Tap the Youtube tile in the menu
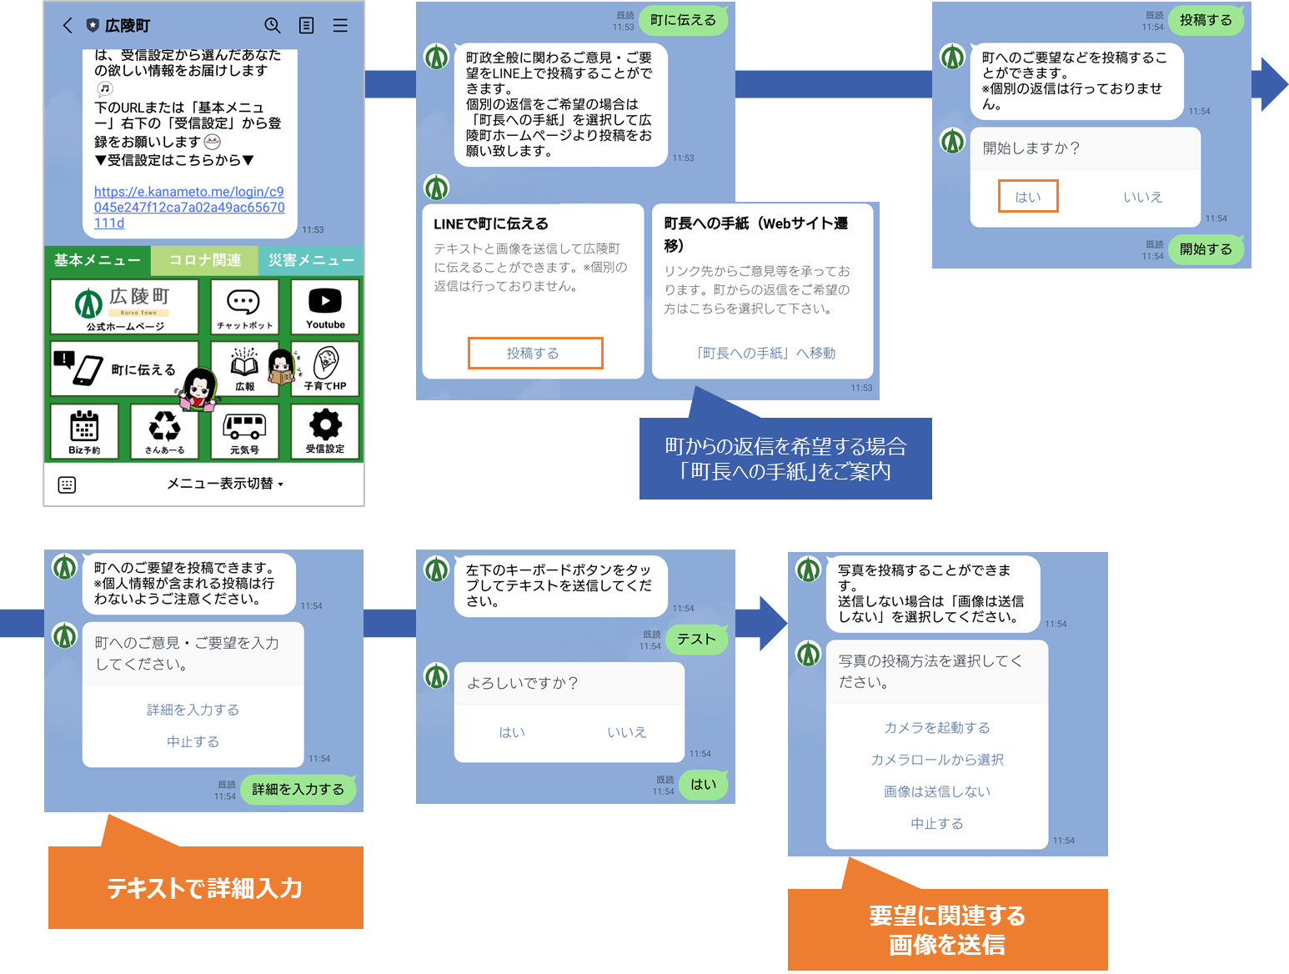(x=325, y=307)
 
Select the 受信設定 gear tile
(x=325, y=431)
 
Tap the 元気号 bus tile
(x=244, y=431)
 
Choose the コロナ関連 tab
(x=204, y=260)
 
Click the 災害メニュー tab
(x=311, y=260)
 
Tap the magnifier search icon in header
(x=273, y=26)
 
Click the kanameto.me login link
(x=189, y=207)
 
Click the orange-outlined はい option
(x=1028, y=197)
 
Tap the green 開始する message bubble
(x=1206, y=249)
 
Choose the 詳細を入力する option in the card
(x=193, y=710)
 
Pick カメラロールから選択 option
(x=937, y=760)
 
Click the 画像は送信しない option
(x=937, y=791)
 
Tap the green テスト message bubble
(x=696, y=639)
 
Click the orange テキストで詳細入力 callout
(x=205, y=887)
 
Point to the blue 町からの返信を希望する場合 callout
(x=785, y=459)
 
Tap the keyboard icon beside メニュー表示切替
(x=68, y=484)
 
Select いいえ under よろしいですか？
(x=626, y=732)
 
